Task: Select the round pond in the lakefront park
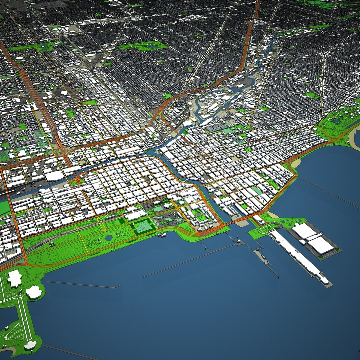coord(109,237)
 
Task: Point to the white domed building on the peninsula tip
coord(30,345)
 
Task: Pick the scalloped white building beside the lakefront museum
coord(34,292)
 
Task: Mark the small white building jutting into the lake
coord(162,235)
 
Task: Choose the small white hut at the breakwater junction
coord(239,241)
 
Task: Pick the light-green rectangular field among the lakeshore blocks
coord(257,190)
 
